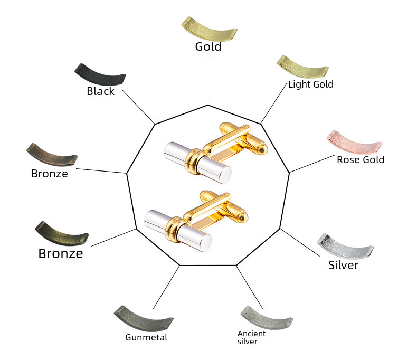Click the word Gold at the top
tap(208, 46)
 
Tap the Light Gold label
tap(310, 84)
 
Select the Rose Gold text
tap(361, 159)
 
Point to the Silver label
tap(343, 265)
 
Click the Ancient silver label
tap(251, 337)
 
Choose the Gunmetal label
tap(146, 337)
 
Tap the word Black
tap(100, 91)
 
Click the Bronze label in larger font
tap(61, 253)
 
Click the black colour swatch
tap(100, 74)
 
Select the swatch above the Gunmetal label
tap(143, 317)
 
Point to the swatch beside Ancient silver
tap(266, 317)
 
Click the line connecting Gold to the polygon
tap(208, 79)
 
